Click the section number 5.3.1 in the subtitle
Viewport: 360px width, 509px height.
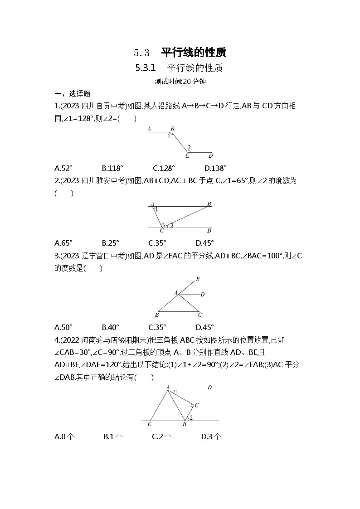pos(146,68)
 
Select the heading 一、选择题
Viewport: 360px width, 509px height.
pos(72,94)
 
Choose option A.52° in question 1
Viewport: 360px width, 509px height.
pos(63,168)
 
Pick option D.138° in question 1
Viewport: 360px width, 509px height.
pos(215,168)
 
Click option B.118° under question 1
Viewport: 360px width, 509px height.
pos(112,168)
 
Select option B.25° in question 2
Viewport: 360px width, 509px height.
pos(110,242)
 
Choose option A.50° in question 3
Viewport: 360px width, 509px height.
pos(63,327)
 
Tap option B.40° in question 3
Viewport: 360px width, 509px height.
pos(110,327)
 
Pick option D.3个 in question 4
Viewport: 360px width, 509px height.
pos(211,436)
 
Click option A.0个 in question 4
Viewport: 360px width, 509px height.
pos(64,436)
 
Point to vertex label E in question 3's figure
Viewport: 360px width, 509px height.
pos(197,279)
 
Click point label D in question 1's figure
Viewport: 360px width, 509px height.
pos(210,156)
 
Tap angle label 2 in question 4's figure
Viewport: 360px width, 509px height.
pos(191,417)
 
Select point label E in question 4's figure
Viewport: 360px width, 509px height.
pos(149,425)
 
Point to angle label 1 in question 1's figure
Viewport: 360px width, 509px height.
pos(169,136)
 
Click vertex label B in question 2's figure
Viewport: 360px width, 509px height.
pos(209,204)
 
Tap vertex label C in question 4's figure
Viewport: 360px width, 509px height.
pos(197,405)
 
